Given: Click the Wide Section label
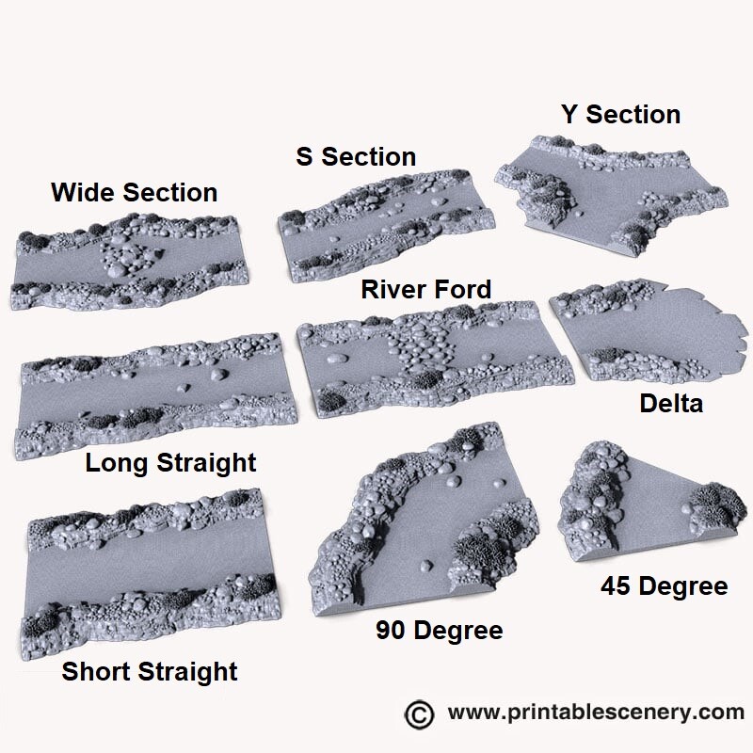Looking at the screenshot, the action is pos(134,193).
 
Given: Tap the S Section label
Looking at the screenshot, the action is pos(356,156).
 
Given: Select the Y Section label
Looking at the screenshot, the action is pos(620,115).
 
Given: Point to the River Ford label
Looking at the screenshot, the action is pos(426,289).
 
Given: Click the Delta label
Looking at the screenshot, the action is pos(671,404).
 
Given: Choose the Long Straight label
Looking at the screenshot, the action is pos(170,463).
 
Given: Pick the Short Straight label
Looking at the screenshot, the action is pos(150,672).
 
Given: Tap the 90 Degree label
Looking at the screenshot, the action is pos(439,630).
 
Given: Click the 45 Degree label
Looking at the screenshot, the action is pos(664,586).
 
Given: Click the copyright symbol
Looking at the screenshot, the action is pos(419,712).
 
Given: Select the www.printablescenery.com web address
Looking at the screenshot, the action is pos(596,712).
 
